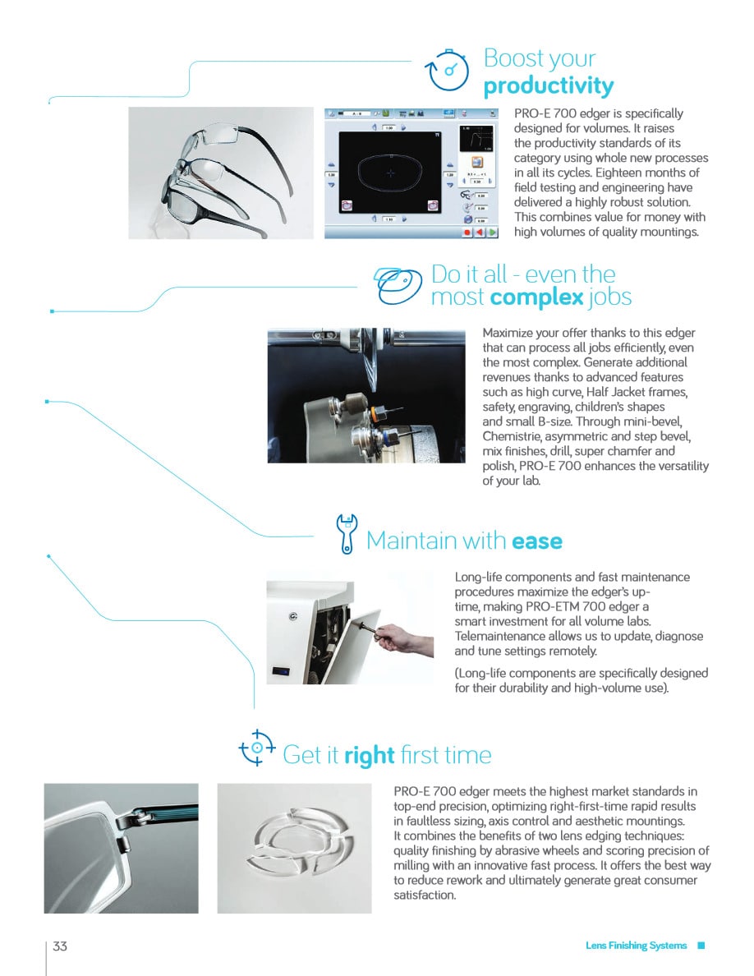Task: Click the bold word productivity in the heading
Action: pos(548,86)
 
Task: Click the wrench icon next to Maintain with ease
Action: pos(347,534)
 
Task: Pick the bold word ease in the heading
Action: pos(536,541)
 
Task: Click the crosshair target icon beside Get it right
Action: pos(257,748)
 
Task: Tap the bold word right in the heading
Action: pos(369,755)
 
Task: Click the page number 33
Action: pos(60,946)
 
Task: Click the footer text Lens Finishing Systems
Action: pos(636,946)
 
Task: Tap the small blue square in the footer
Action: pos(701,946)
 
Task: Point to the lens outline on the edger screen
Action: pos(391,173)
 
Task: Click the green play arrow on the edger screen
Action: pos(492,232)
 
